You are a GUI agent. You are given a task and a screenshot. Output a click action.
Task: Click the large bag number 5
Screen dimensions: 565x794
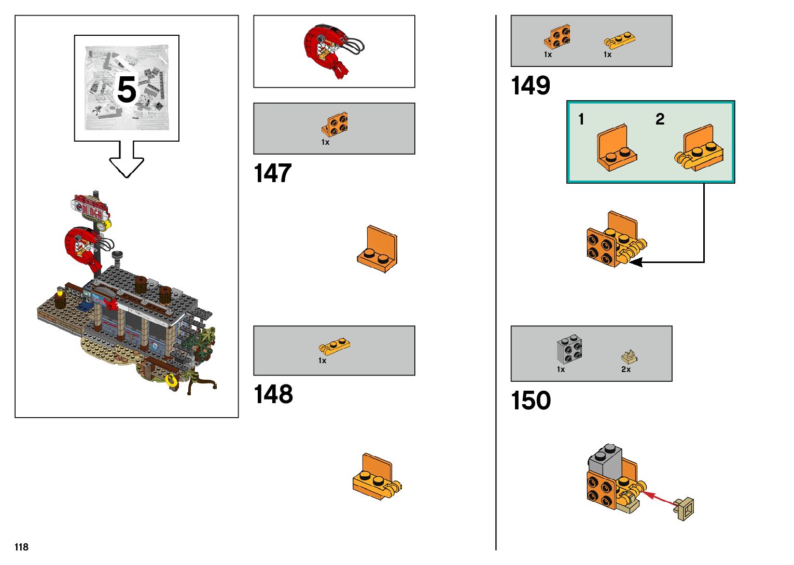click(x=127, y=89)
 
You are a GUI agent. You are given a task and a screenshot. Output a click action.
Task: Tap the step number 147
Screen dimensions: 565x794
click(x=273, y=173)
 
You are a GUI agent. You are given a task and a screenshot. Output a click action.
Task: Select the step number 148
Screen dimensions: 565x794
click(x=273, y=394)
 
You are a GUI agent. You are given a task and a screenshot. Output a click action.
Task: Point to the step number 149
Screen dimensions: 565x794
click(x=531, y=86)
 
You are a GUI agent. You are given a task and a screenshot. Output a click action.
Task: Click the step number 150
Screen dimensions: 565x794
click(x=531, y=401)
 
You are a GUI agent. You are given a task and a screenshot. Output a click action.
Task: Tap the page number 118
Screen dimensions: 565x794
click(x=21, y=547)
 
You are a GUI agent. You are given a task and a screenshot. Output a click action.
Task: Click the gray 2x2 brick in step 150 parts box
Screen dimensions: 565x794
click(x=569, y=349)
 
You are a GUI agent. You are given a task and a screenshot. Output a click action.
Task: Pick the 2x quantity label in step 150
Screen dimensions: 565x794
click(x=626, y=369)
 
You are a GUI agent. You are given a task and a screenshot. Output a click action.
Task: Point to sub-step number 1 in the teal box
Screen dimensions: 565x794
click(x=581, y=119)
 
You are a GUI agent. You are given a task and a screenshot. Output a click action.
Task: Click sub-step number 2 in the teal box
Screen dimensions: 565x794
click(x=660, y=119)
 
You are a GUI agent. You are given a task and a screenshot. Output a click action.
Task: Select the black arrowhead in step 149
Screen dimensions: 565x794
click(x=636, y=262)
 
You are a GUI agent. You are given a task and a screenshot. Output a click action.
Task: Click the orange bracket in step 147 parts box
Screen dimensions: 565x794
click(x=335, y=125)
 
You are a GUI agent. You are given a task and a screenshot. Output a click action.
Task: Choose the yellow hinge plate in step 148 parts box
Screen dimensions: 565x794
click(x=335, y=346)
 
